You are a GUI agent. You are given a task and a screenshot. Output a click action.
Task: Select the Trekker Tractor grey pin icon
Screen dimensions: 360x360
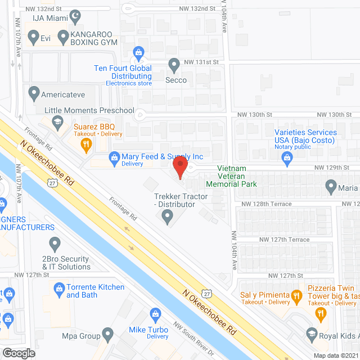168,218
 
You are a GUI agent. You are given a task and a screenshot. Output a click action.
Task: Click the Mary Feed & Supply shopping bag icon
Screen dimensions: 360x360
114,156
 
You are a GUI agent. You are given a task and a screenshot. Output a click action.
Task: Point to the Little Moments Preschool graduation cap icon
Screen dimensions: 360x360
57,121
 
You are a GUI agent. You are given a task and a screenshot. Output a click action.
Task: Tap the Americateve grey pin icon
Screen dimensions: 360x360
34,92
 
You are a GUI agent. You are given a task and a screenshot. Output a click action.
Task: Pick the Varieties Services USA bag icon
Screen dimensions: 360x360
287,157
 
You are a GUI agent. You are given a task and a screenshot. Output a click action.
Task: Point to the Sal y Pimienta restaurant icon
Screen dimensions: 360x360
294,294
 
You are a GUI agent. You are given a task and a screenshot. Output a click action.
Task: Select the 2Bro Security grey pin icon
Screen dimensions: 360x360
55,244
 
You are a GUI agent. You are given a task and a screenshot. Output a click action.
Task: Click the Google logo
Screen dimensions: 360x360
19,352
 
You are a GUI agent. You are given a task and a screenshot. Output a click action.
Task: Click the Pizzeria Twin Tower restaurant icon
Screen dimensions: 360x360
321,314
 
